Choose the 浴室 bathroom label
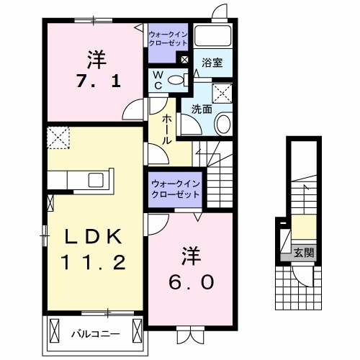[x=212, y=63]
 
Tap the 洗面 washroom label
[x=202, y=110]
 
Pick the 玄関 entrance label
[x=303, y=253]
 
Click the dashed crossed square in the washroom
[x=222, y=92]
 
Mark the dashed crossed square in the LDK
[x=56, y=137]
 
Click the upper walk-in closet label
[x=168, y=38]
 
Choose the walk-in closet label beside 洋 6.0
[x=176, y=188]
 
